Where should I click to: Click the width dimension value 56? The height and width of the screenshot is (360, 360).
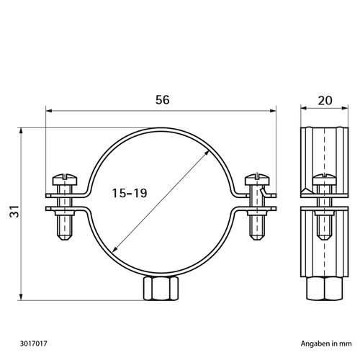tap(163, 100)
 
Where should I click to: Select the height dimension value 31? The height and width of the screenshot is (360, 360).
tap(14, 212)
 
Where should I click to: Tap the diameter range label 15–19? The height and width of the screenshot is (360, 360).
tap(130, 193)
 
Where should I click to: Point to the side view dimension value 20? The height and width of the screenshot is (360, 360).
tap(325, 101)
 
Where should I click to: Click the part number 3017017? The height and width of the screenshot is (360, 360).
tap(34, 343)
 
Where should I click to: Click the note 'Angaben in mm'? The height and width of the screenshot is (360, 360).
tap(326, 343)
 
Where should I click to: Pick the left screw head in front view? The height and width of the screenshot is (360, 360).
tap(65, 179)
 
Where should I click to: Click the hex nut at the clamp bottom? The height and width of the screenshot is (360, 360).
tap(161, 288)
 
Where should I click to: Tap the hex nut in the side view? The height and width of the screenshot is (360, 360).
tap(324, 288)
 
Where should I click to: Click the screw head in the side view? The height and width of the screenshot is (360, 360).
tap(324, 180)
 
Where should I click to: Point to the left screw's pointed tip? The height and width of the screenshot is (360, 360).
tap(65, 239)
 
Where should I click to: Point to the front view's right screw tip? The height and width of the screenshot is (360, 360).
tap(256, 239)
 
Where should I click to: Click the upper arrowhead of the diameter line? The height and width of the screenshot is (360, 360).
tap(207, 153)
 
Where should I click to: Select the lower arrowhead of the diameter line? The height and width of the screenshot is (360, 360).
tap(114, 250)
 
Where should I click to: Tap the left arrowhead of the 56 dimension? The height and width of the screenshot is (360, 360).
tap(49, 111)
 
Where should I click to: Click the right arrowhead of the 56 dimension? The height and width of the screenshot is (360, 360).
tap(273, 111)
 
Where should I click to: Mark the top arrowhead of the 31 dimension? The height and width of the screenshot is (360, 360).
tap(21, 131)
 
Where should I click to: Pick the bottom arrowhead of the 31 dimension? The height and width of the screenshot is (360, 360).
tap(21, 297)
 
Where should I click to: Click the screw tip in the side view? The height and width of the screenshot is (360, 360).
tap(324, 238)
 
